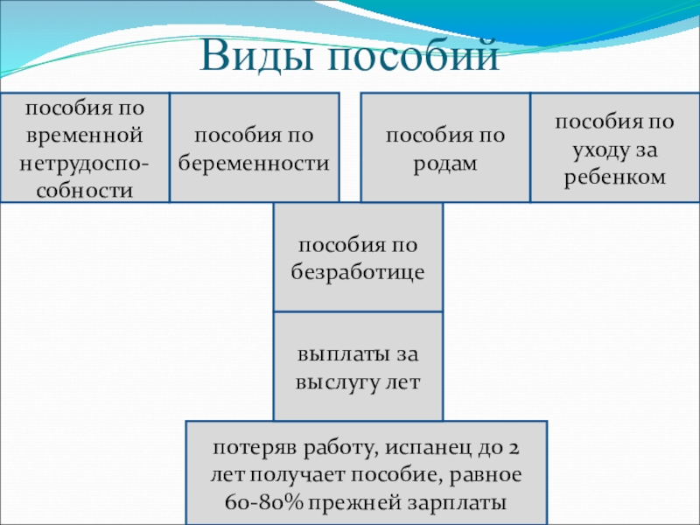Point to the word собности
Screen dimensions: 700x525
click(84, 188)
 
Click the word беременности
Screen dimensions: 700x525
click(254, 163)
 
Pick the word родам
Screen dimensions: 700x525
click(446, 163)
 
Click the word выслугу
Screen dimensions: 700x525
click(332, 381)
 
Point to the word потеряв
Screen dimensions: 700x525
click(253, 448)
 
